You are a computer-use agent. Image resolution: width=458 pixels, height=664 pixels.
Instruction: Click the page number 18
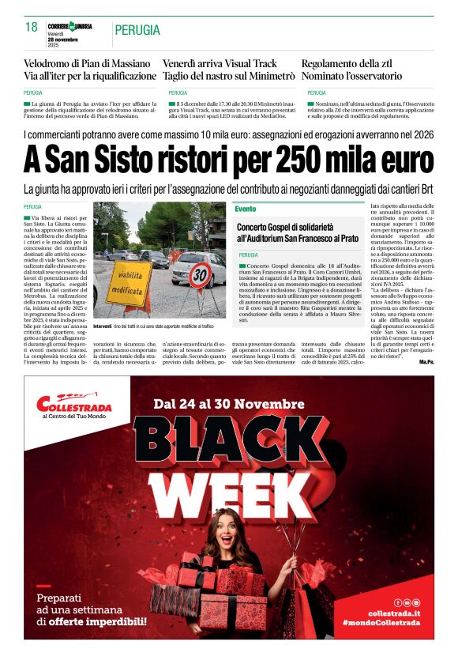pyautogui.click(x=32, y=28)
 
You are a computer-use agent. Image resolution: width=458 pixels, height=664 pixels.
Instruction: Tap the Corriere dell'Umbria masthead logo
pyautogui.click(x=69, y=27)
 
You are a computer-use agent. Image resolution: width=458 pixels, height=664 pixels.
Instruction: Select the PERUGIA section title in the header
pyautogui.click(x=137, y=31)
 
